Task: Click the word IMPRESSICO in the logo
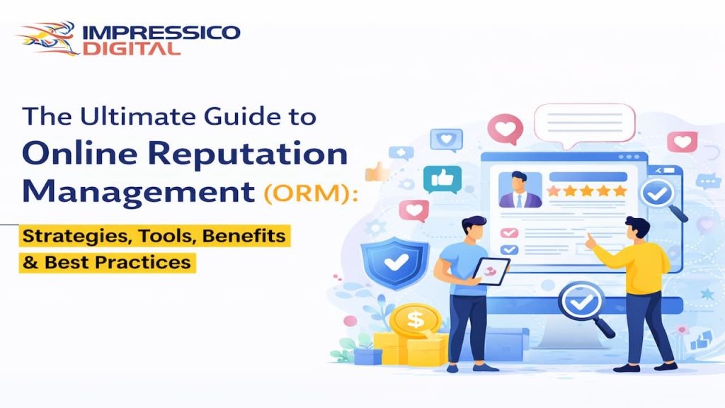coord(161,33)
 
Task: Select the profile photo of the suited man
coord(520,189)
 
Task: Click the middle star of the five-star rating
coord(586,191)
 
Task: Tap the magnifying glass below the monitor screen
coord(585,305)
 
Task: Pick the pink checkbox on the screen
coord(509,233)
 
